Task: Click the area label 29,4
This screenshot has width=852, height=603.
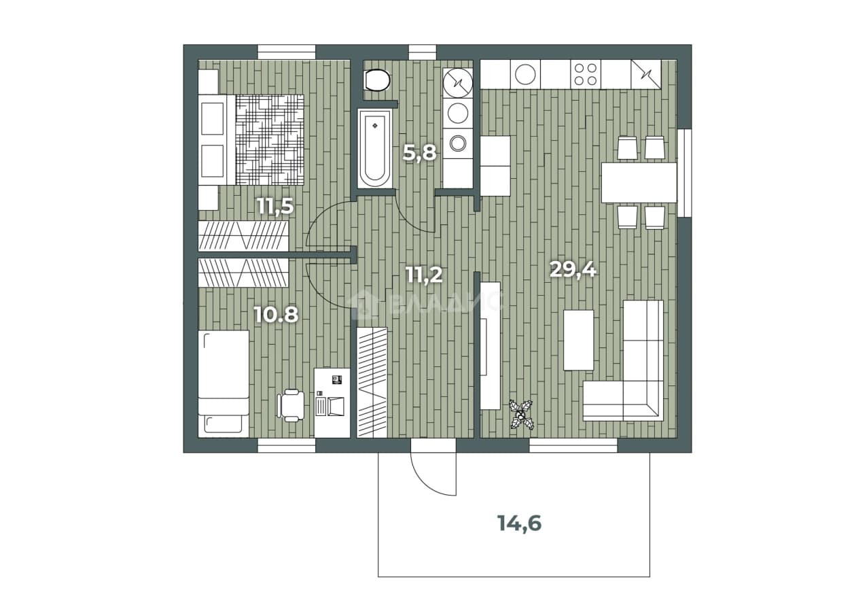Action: pos(573,271)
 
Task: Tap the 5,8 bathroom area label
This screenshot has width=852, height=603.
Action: pos(419,153)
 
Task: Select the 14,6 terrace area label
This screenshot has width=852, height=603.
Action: pos(519,523)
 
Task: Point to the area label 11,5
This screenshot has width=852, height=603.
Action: pos(275,207)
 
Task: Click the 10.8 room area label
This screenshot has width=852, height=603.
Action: pos(276,315)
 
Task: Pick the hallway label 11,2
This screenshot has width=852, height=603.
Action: pos(424,275)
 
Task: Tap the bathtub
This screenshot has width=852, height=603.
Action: pos(374,149)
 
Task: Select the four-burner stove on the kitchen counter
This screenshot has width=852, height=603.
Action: pos(586,75)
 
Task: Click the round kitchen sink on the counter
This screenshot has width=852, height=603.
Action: pos(525,75)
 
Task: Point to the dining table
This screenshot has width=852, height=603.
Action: pos(639,183)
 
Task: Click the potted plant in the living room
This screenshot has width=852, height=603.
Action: pos(521,414)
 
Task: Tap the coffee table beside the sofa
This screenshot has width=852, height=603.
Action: pos(578,340)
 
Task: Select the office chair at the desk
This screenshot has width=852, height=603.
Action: pos(291,405)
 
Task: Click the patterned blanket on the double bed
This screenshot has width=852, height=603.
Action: pos(270,140)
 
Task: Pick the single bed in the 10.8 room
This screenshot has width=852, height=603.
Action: pos(224,383)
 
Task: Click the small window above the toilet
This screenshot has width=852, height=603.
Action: pos(423,52)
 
